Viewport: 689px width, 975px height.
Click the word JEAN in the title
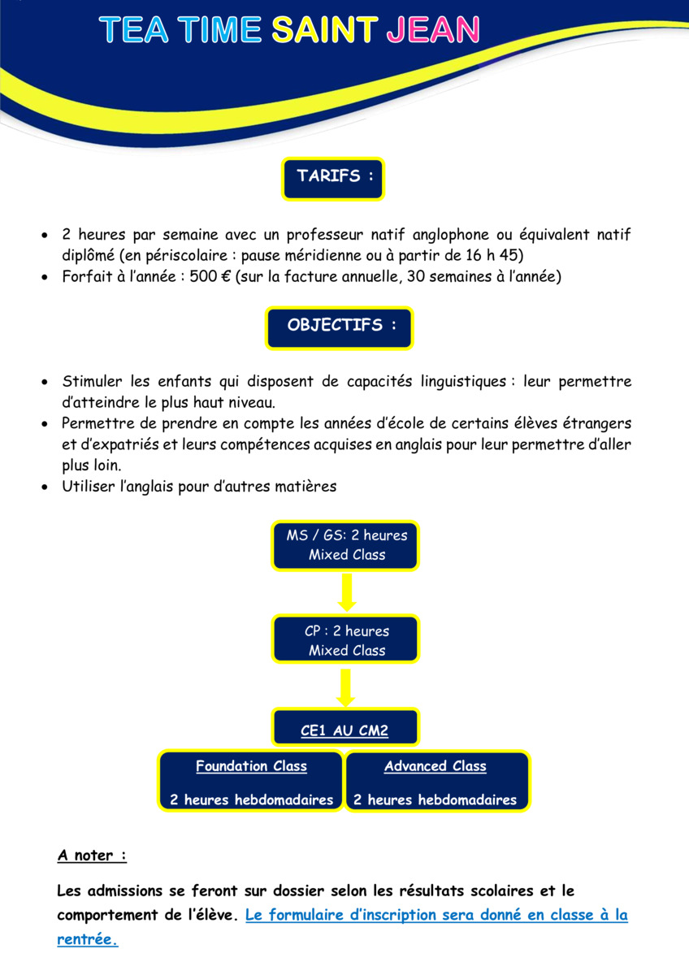pyautogui.click(x=433, y=29)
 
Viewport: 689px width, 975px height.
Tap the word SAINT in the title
pyautogui.click(x=325, y=29)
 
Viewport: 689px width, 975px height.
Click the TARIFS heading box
pyautogui.click(x=333, y=179)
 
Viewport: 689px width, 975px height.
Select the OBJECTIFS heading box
pyautogui.click(x=340, y=328)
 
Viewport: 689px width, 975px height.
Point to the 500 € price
pyautogui.click(x=210, y=276)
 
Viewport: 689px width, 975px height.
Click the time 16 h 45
pyautogui.click(x=492, y=255)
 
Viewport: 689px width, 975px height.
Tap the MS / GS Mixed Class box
pyautogui.click(x=345, y=545)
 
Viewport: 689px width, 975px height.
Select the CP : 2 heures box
pyautogui.click(x=345, y=639)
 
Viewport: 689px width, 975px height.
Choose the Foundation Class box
pyautogui.click(x=251, y=782)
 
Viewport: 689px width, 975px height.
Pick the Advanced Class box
pyautogui.click(x=437, y=782)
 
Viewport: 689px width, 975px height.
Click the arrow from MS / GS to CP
pyautogui.click(x=347, y=592)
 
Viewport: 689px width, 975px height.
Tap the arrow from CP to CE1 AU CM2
pyautogui.click(x=346, y=687)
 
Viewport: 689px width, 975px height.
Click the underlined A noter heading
pyautogui.click(x=92, y=856)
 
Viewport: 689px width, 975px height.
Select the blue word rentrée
pyautogui.click(x=88, y=939)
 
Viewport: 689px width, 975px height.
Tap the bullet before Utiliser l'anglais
pyautogui.click(x=45, y=487)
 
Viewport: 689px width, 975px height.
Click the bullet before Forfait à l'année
pyautogui.click(x=45, y=277)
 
